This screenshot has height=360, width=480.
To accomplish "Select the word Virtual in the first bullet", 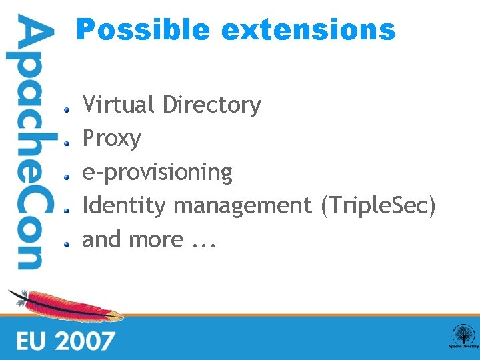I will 119,105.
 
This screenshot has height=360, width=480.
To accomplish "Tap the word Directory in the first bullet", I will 211,105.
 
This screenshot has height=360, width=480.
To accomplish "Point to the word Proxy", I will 111,139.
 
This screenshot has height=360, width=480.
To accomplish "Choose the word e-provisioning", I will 157,173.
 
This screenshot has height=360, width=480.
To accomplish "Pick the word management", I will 243,206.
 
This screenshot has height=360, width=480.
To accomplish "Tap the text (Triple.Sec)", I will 378,206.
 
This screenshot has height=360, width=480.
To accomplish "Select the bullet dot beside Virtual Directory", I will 67,109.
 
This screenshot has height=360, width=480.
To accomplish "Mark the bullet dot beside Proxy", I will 67,143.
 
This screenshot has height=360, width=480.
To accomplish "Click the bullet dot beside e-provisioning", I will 67,176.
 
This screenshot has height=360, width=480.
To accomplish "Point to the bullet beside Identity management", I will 67,210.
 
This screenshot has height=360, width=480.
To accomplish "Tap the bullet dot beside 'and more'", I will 67,243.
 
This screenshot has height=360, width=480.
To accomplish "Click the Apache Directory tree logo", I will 463,335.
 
